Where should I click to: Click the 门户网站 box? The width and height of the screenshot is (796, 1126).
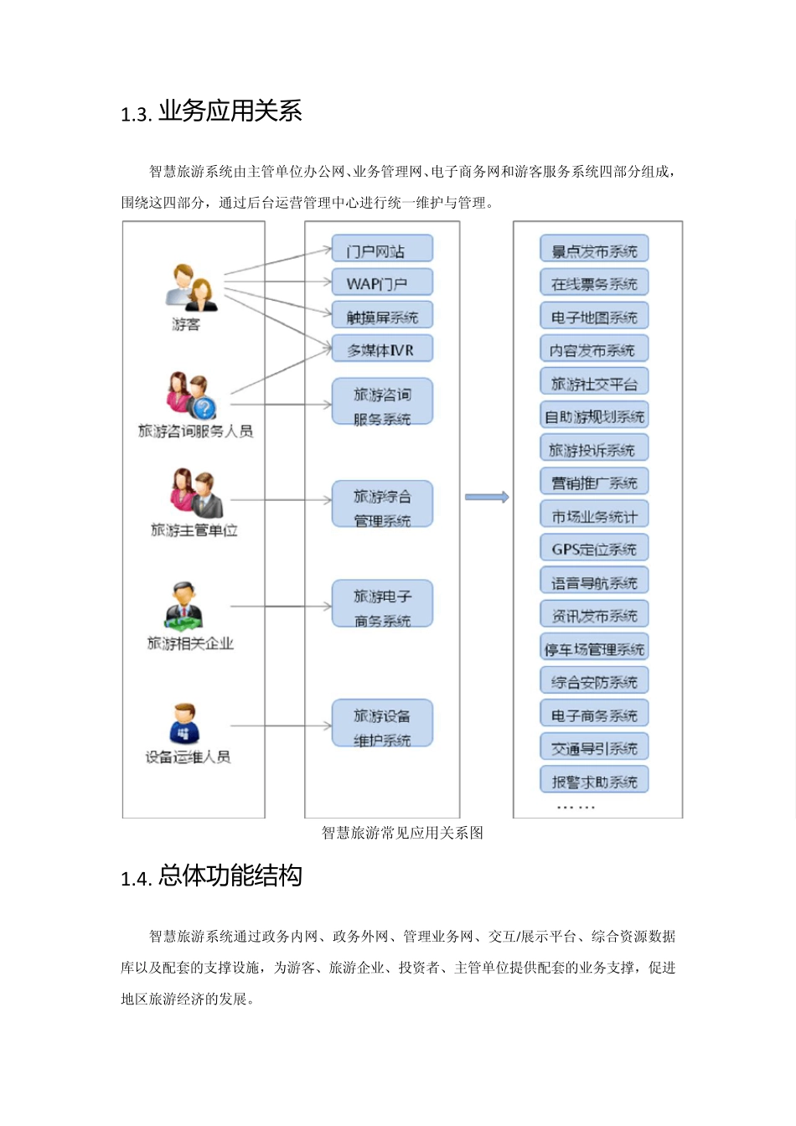tap(382, 249)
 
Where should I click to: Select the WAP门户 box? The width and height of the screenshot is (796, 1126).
tap(382, 282)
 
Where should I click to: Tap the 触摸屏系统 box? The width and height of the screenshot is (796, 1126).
tap(382, 316)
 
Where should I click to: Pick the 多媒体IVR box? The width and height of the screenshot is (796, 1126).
tap(382, 349)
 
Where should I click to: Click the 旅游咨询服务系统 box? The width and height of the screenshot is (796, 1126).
tap(382, 404)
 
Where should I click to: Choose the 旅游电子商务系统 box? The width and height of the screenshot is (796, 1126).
tap(382, 606)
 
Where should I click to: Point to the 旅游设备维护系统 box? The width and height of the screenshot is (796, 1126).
tap(382, 725)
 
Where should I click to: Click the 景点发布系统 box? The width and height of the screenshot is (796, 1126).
tap(594, 250)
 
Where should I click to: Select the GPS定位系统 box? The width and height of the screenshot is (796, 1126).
tap(594, 549)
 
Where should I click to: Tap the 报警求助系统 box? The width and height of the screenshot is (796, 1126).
tap(594, 781)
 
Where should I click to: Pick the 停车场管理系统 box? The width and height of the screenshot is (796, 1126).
tap(594, 648)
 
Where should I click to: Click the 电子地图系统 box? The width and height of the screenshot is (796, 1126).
tap(594, 317)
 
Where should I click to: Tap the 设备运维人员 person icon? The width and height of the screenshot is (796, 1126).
tap(184, 724)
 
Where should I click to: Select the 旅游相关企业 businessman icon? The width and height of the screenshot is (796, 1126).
tap(184, 607)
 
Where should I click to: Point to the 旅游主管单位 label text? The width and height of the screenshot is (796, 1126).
tap(194, 530)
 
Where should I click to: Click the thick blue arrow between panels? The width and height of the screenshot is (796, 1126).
tap(487, 498)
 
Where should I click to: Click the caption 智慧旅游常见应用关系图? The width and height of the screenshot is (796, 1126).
tap(402, 833)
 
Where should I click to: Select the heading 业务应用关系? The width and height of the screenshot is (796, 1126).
tap(230, 111)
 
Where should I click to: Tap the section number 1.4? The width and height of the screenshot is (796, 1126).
tap(135, 879)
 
